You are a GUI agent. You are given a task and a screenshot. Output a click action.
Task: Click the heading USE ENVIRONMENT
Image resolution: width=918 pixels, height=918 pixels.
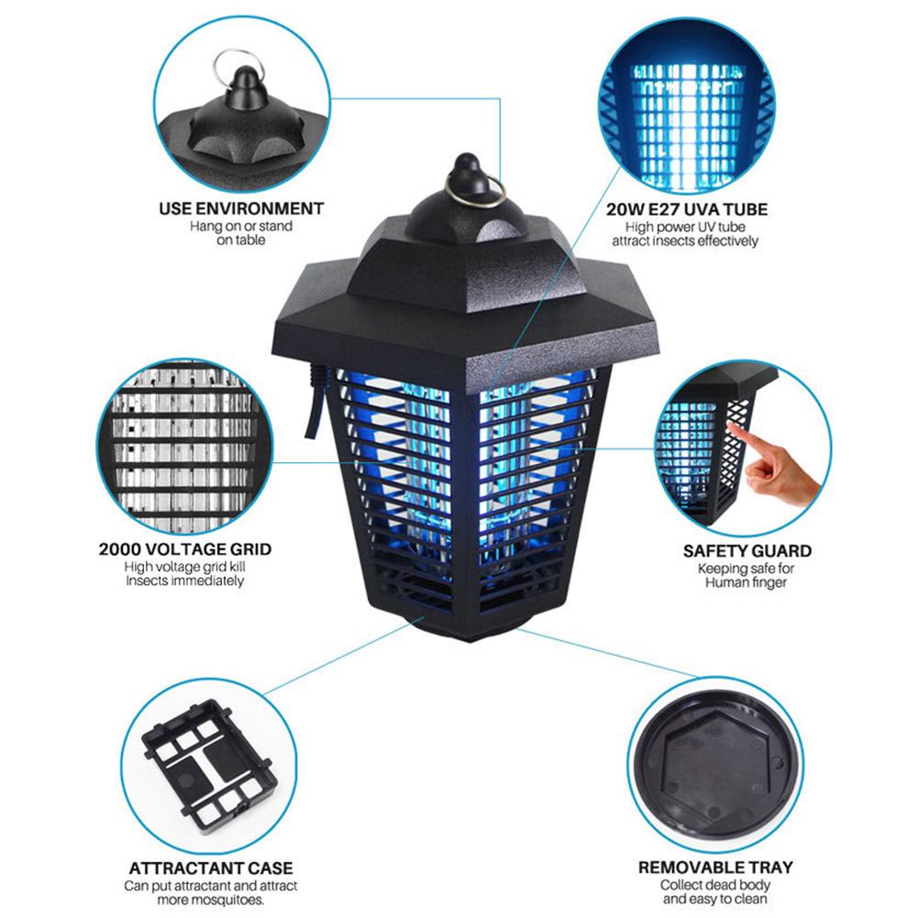[241, 208]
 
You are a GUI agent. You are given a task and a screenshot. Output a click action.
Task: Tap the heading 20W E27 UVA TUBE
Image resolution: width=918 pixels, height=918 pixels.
[687, 209]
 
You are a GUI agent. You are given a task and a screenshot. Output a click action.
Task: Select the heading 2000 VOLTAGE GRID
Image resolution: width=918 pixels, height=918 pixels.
[185, 549]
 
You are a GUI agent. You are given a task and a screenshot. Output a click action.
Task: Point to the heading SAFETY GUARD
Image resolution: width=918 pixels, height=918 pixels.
[747, 551]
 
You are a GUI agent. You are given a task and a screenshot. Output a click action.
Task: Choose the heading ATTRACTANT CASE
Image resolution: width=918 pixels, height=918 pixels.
[211, 868]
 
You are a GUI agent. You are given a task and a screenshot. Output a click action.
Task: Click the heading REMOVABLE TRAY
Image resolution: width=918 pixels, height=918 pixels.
[715, 867]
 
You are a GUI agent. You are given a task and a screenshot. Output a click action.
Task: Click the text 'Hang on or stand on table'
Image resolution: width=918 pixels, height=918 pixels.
[241, 233]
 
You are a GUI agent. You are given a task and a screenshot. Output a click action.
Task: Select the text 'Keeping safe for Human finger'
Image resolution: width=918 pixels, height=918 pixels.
[747, 575]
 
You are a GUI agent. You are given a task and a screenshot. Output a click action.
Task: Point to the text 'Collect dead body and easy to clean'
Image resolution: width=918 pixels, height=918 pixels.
[715, 891]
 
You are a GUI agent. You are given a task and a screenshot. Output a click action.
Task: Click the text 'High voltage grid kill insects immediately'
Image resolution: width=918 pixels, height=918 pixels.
[185, 574]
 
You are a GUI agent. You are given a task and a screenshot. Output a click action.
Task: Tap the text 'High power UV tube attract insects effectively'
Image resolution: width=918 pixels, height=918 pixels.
[686, 234]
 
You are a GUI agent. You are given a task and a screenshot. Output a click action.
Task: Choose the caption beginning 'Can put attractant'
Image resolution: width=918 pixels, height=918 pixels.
[211, 893]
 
